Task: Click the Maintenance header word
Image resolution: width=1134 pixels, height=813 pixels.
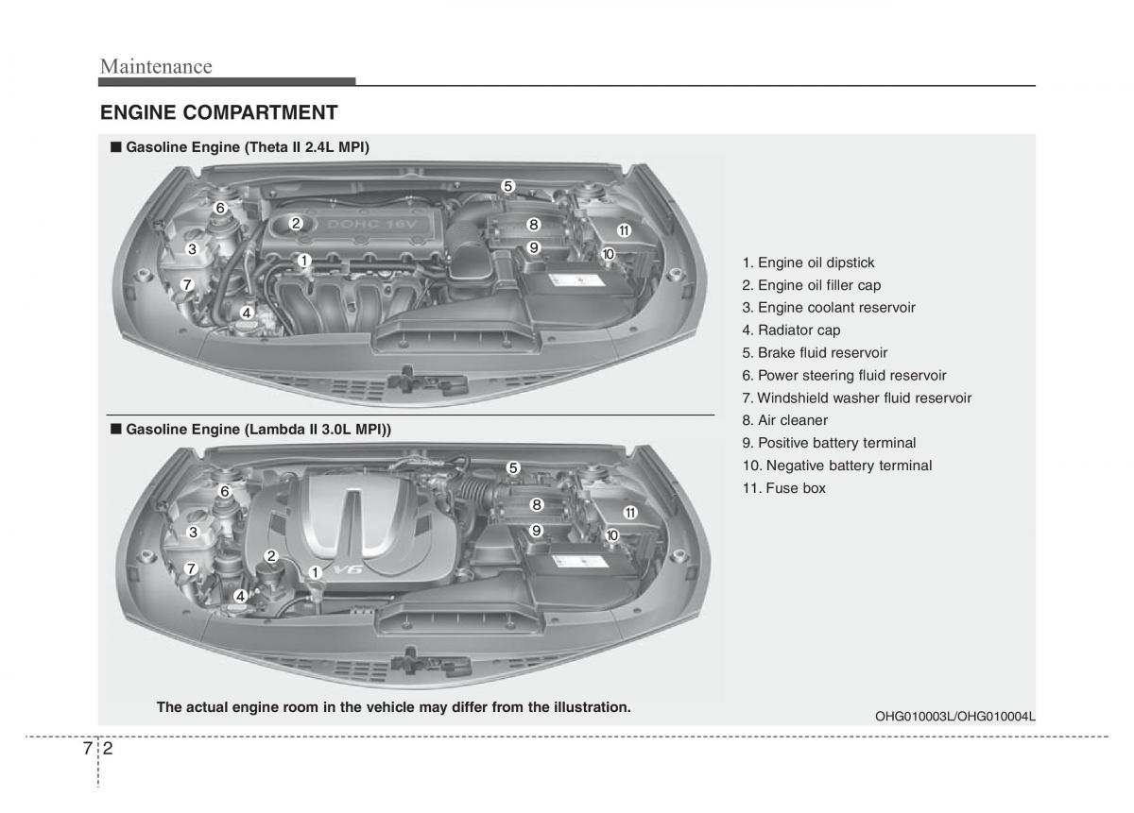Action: [156, 66]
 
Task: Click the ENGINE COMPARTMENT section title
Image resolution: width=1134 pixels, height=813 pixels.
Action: [218, 113]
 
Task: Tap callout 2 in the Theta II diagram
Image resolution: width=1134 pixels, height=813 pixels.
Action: [296, 224]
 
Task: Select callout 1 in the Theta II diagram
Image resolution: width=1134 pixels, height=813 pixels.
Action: [304, 260]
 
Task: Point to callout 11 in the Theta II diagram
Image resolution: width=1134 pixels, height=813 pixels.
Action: [624, 230]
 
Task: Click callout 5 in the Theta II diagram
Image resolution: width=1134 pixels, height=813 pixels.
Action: [507, 186]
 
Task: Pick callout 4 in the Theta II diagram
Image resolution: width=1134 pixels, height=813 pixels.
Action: [246, 313]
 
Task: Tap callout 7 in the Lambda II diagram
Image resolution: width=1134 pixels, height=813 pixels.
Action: [191, 568]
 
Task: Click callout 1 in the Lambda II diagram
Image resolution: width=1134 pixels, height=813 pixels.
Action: [315, 571]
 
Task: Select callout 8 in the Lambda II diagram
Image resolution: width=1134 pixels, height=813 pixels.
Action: [536, 505]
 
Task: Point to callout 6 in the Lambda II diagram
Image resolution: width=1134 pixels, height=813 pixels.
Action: [225, 491]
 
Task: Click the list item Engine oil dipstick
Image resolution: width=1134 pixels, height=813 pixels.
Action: [808, 263]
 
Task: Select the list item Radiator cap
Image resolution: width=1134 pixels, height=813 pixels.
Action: [791, 330]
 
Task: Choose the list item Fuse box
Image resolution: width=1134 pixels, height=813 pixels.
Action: [783, 488]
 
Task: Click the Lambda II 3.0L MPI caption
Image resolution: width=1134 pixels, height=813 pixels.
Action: [258, 429]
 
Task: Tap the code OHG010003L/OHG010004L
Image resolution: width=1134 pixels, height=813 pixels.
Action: [954, 716]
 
